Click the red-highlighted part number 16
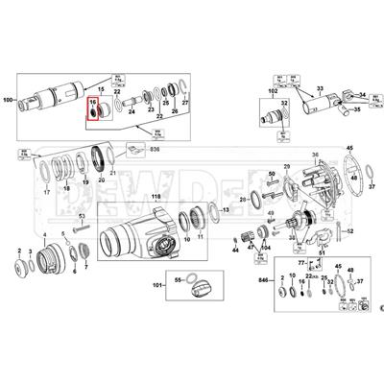(93, 101)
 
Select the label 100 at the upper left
(11, 100)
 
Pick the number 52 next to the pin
(351, 231)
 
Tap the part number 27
(186, 100)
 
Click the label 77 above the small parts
(300, 260)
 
